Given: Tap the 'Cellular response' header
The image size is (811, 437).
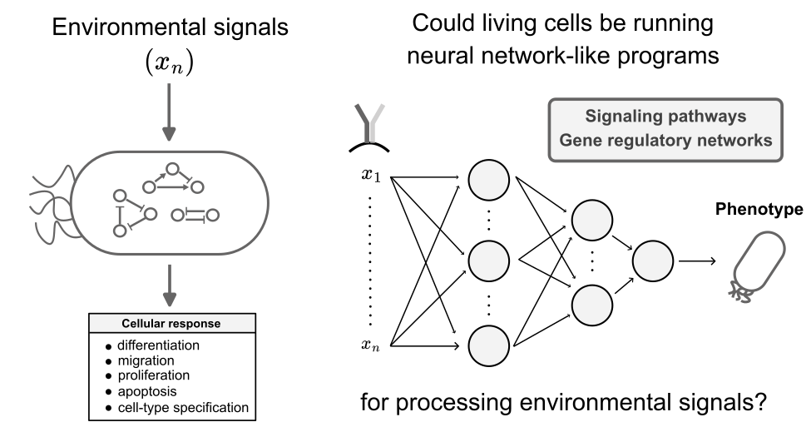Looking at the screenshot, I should [171, 324].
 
